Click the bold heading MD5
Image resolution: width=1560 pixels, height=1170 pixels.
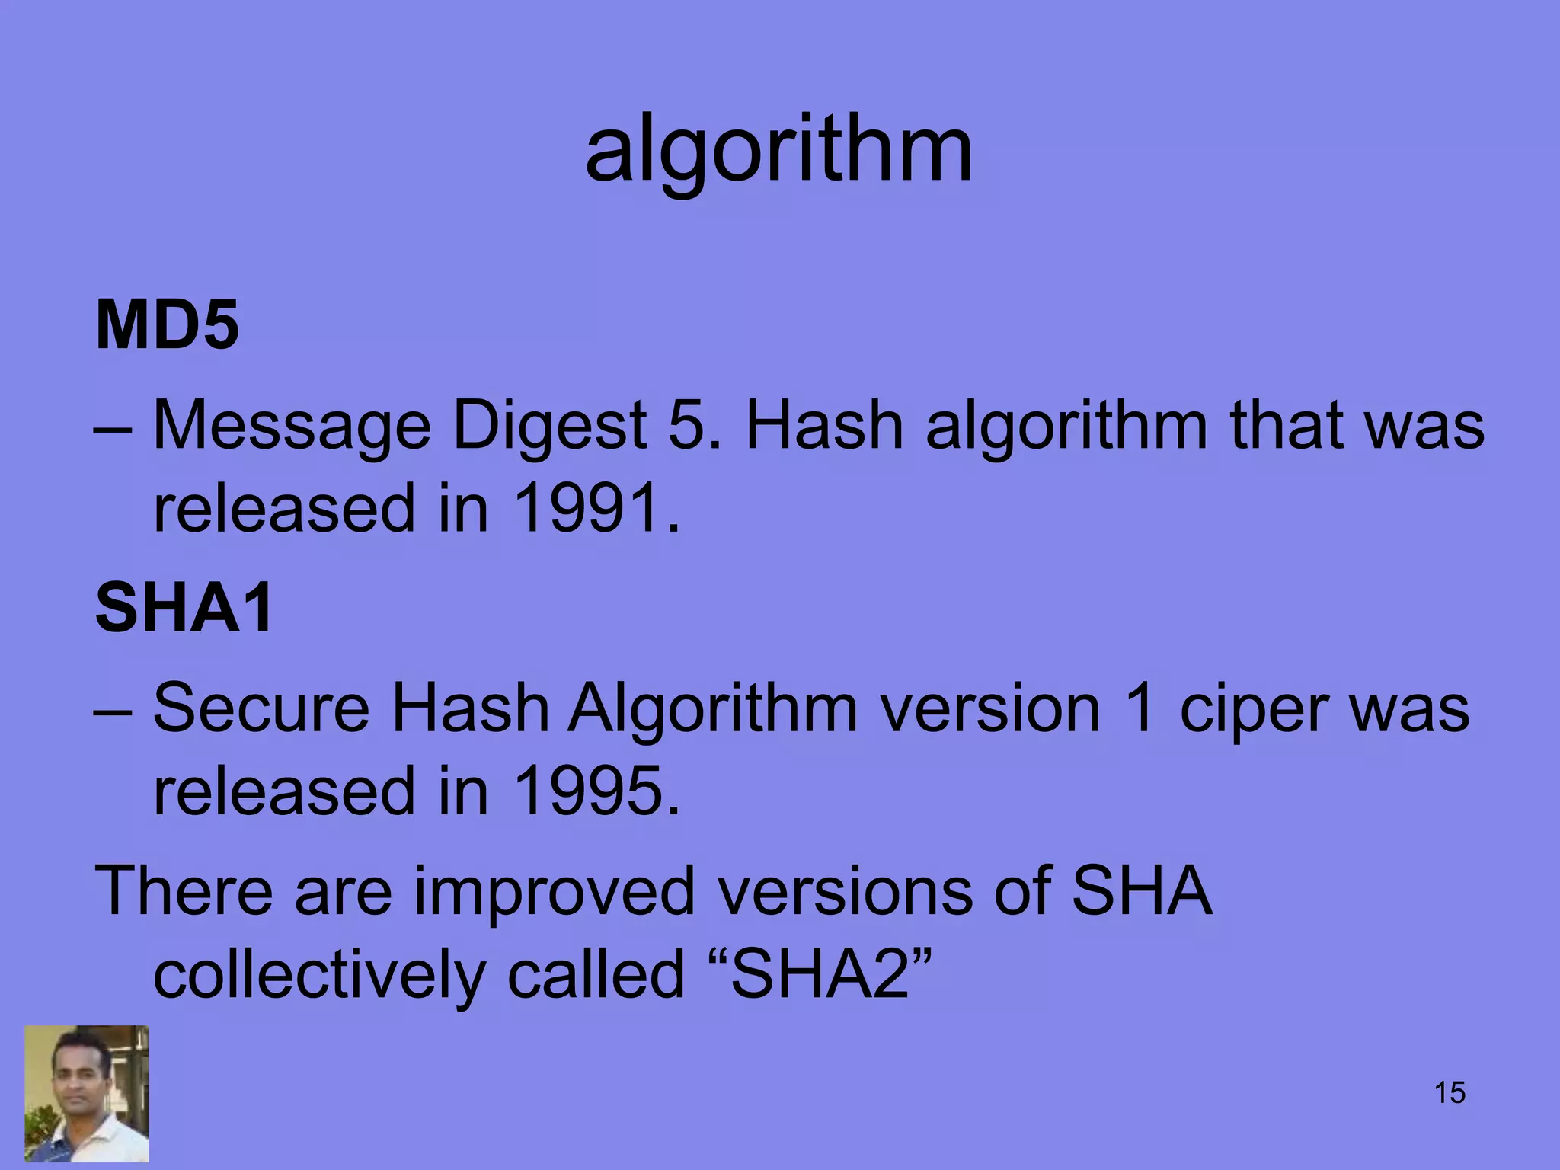click(167, 325)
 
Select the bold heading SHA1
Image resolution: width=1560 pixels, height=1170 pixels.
click(184, 607)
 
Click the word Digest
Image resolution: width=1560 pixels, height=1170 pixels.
click(549, 427)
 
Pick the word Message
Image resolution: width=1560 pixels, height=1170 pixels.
click(292, 427)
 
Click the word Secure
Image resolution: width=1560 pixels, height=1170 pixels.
click(261, 708)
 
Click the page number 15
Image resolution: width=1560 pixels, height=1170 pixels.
click(1450, 1092)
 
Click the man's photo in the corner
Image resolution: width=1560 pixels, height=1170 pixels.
click(87, 1093)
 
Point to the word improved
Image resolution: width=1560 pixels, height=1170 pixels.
click(554, 892)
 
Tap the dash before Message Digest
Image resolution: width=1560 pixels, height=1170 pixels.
click(113, 428)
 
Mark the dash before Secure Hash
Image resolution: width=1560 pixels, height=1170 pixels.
click(113, 711)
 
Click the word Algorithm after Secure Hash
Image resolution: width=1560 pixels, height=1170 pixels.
click(713, 710)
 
